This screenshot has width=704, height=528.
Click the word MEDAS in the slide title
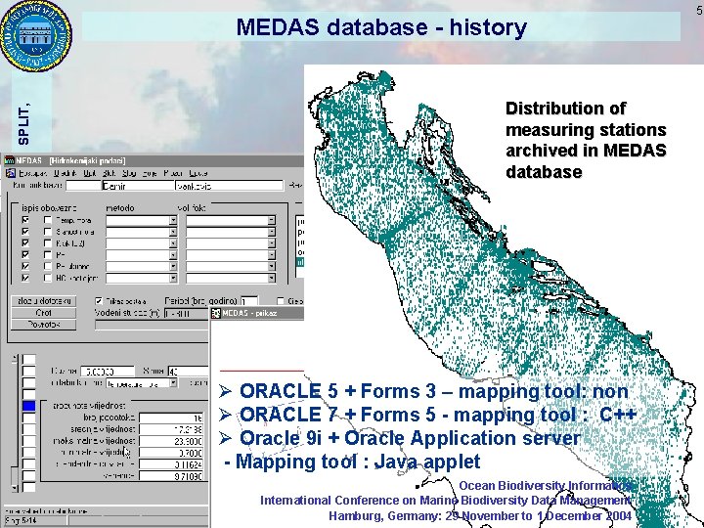[280, 27]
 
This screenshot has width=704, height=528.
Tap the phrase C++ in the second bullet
[618, 415]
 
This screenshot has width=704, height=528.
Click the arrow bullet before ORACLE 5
[228, 392]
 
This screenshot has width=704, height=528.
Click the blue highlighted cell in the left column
[28, 406]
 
